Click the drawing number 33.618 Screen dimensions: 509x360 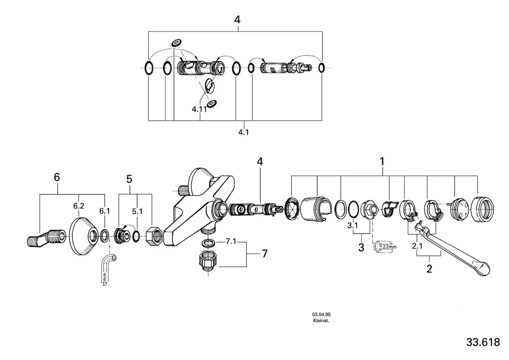click(483, 342)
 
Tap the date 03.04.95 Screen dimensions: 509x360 click(321, 314)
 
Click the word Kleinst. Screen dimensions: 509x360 click(321, 321)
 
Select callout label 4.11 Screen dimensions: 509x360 click(199, 109)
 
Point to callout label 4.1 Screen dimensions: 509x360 click(243, 132)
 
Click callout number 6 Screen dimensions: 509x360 click(57, 177)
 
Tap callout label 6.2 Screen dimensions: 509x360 click(78, 206)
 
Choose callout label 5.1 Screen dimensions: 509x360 click(137, 211)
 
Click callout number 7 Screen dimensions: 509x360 click(265, 254)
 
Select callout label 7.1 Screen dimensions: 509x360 click(231, 241)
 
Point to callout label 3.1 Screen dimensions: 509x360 click(353, 225)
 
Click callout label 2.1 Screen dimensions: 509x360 click(417, 246)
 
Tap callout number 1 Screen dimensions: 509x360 click(382, 161)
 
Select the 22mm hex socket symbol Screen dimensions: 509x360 click(385, 246)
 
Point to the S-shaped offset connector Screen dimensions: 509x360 click(46, 238)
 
